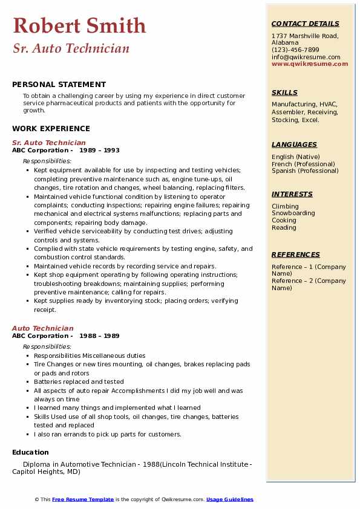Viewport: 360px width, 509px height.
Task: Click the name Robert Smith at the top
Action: (79, 25)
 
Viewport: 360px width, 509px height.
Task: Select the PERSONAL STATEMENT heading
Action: (59, 85)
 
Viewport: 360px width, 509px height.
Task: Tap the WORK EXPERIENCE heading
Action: (51, 128)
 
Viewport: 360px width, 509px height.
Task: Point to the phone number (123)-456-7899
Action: (295, 50)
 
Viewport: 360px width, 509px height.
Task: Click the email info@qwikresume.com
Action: (306, 57)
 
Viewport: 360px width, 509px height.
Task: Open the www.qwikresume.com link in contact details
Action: (310, 63)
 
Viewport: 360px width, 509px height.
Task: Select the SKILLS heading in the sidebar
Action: (284, 92)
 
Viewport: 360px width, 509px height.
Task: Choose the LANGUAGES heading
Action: (294, 144)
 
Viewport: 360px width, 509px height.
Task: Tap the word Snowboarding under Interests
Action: (293, 213)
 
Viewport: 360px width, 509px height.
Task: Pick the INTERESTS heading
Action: (292, 194)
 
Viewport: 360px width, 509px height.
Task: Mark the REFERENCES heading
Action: (296, 254)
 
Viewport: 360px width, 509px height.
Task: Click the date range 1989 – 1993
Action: (99, 151)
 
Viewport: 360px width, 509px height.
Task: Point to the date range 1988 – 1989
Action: (99, 336)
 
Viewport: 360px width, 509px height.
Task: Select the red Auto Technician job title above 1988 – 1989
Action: (42, 328)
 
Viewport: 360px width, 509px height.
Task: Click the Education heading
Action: (30, 452)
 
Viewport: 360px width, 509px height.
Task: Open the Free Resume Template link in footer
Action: (83, 499)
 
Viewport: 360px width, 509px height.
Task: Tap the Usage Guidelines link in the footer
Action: (230, 499)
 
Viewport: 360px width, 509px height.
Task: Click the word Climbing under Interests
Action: (285, 206)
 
